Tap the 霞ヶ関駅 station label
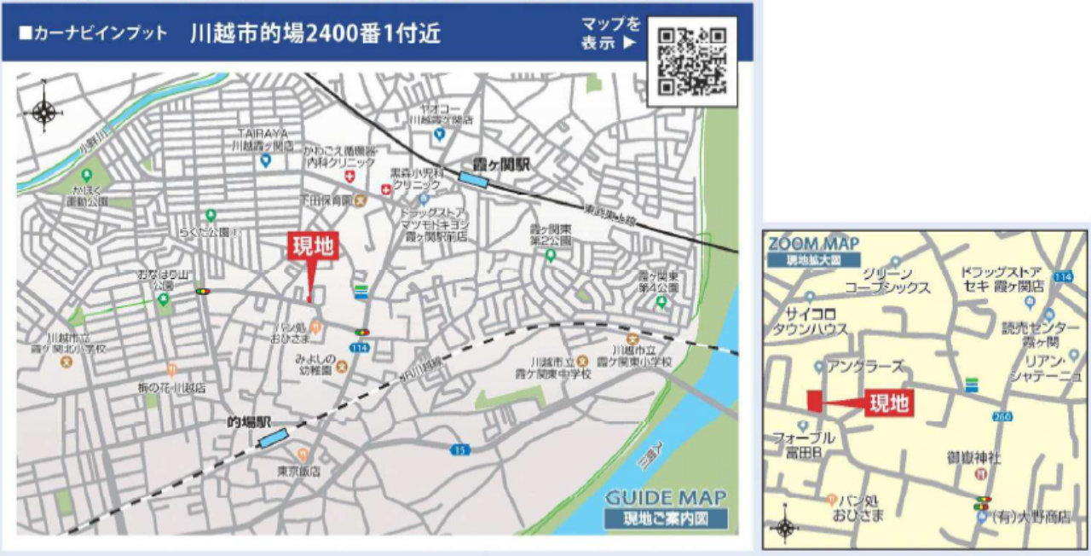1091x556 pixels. pos(502,163)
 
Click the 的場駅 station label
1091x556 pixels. pos(248,422)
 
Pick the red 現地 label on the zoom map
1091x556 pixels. pos(889,403)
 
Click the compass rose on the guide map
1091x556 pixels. pos(43,111)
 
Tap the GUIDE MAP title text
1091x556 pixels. pos(666,497)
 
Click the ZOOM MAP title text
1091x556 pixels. pos(813,244)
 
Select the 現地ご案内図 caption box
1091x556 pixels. pos(665,518)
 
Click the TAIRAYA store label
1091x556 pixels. pos(263,139)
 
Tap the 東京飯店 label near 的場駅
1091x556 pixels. pos(298,471)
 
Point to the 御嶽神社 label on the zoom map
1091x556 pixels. pos(973,458)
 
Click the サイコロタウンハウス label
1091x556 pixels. pos(811,321)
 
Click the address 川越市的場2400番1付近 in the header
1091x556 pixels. pos(315,34)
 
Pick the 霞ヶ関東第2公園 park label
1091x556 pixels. pos(550,235)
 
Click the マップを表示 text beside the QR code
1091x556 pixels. pos(610,33)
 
